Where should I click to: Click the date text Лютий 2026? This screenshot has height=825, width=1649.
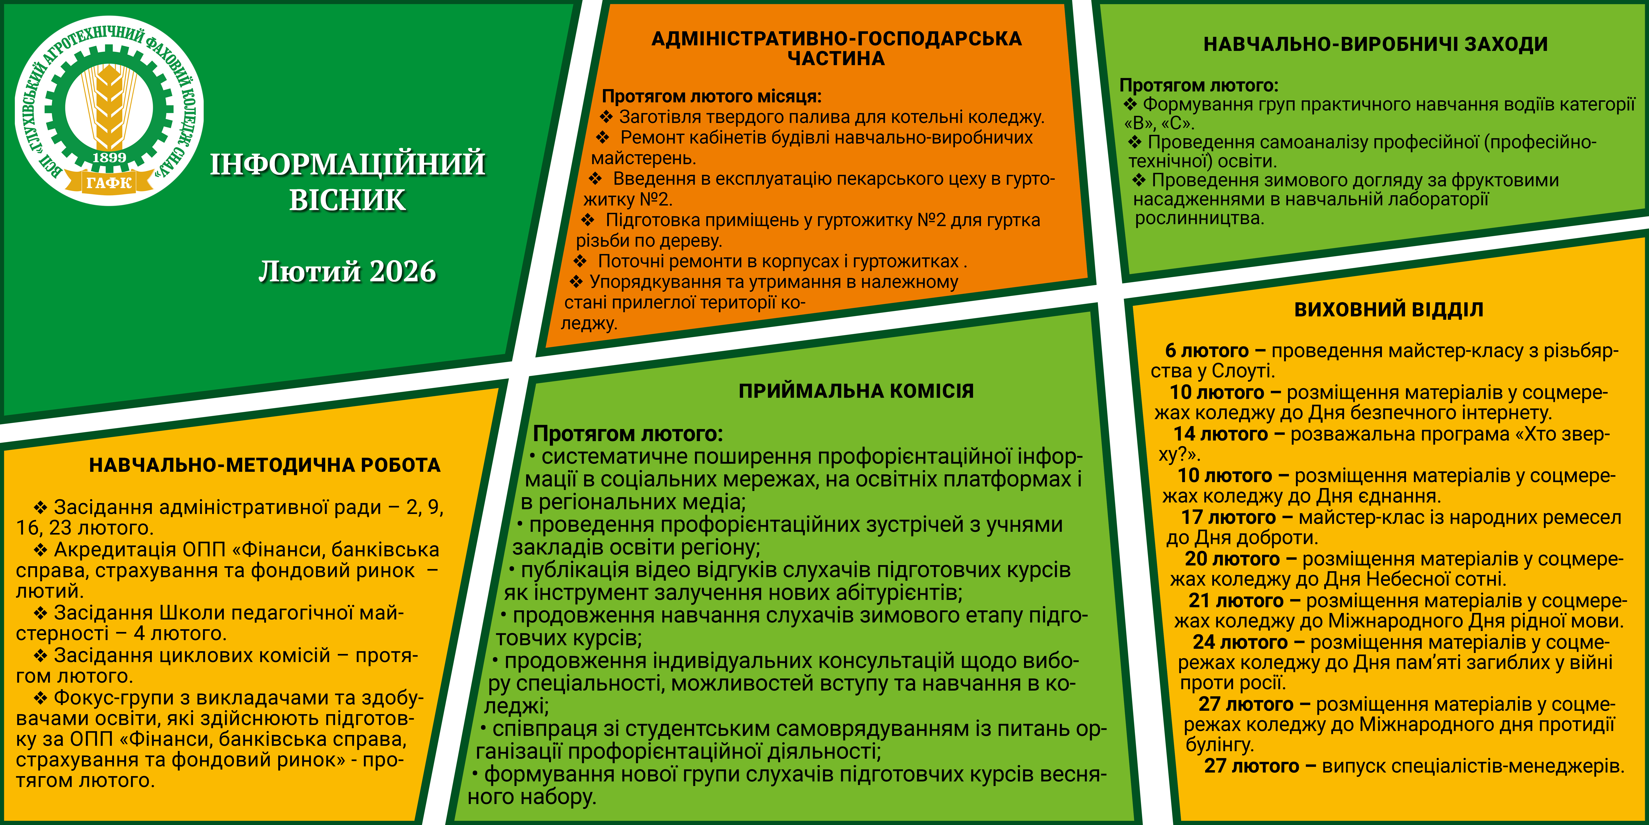pos(348,272)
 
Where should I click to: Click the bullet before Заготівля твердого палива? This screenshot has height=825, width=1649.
pos(606,117)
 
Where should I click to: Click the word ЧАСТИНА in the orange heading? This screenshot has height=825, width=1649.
pos(836,59)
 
